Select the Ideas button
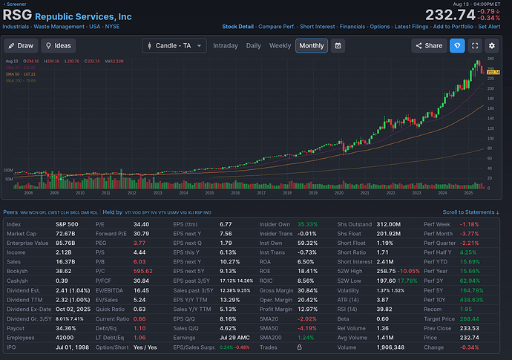(x=59, y=46)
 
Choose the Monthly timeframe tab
(x=312, y=46)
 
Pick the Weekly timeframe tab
(x=280, y=46)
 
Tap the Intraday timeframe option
(x=225, y=46)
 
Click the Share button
(x=428, y=46)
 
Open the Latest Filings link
(x=414, y=27)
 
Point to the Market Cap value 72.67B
(x=65, y=234)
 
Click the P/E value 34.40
(x=141, y=223)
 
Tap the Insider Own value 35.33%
(x=306, y=223)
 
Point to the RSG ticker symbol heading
(x=17, y=14)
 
